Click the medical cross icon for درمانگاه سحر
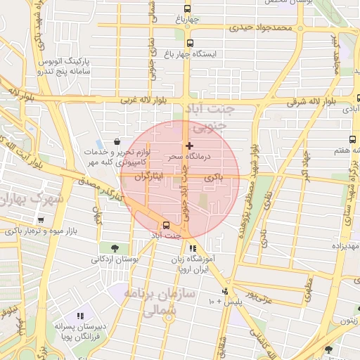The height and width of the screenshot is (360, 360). (x=188, y=146)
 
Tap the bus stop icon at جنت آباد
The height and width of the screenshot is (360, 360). (x=166, y=225)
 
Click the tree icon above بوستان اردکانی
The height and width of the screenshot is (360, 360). (x=114, y=247)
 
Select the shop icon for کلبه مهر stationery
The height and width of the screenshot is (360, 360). (x=115, y=141)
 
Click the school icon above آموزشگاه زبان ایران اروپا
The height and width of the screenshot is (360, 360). (x=193, y=247)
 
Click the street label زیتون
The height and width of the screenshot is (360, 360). (x=349, y=319)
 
